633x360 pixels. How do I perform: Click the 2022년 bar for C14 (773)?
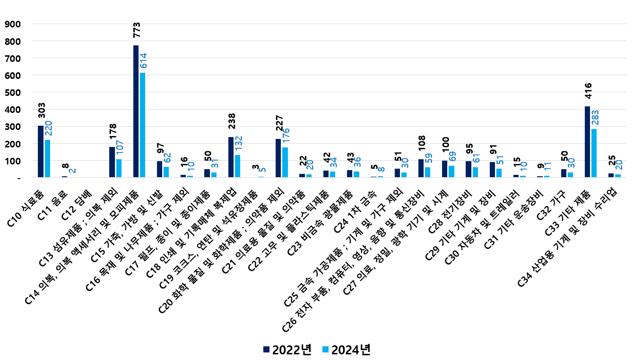[136, 111]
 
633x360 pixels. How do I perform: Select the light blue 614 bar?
[142, 125]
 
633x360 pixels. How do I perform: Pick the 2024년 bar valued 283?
[594, 153]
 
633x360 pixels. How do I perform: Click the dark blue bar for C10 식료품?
[41, 151]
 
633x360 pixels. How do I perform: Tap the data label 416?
[588, 92]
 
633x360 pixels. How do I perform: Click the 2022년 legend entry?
[286, 350]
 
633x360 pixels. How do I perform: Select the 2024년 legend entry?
[346, 350]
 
